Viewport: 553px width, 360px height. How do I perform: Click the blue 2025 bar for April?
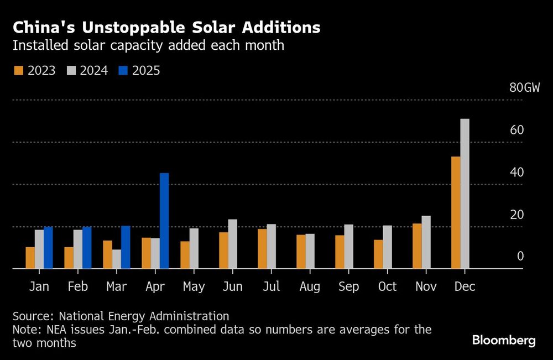pos(164,221)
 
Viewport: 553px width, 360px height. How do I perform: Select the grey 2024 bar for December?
pos(465,194)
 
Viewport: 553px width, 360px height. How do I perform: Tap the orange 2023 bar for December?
pos(456,212)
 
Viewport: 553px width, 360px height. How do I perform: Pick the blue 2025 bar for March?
pos(126,247)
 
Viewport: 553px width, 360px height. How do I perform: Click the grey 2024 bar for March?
pos(116,259)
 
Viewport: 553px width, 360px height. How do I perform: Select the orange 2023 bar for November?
pos(417,246)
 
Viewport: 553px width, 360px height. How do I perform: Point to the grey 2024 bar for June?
pos(232,244)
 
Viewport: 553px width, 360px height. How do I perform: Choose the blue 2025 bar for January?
pos(48,248)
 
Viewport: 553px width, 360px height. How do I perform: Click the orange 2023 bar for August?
pos(301,252)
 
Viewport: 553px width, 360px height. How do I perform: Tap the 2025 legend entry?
pos(139,71)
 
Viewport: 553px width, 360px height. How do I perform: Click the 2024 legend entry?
pos(87,71)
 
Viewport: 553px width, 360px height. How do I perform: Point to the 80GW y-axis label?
pos(524,88)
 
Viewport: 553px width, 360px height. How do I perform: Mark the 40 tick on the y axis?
pos(517,172)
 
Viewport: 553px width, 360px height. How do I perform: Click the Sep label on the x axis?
pos(348,286)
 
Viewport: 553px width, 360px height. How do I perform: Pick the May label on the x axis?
pos(194,286)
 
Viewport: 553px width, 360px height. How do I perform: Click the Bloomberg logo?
pos(504,340)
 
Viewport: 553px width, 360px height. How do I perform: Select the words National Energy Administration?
pos(144,316)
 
